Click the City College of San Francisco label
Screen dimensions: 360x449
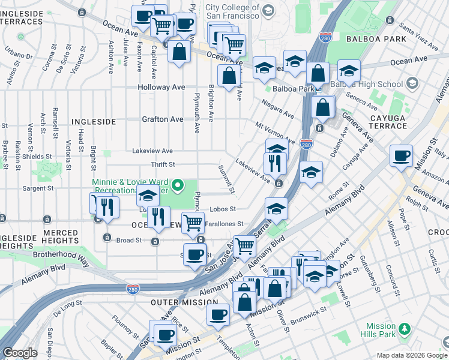[x=232, y=12]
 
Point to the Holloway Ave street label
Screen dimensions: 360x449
[x=162, y=87]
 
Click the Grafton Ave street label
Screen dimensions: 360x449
[x=162, y=119]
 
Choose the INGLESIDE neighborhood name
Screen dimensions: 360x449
[x=93, y=121]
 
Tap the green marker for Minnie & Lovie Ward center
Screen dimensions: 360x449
[x=178, y=186]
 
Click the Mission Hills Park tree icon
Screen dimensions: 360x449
[x=405, y=328]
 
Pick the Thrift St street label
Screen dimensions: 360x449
[x=163, y=164]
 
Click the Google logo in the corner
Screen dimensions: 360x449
[x=20, y=353]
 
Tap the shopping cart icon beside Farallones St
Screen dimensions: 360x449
[x=193, y=223]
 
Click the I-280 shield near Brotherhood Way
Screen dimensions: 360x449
[x=133, y=289]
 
